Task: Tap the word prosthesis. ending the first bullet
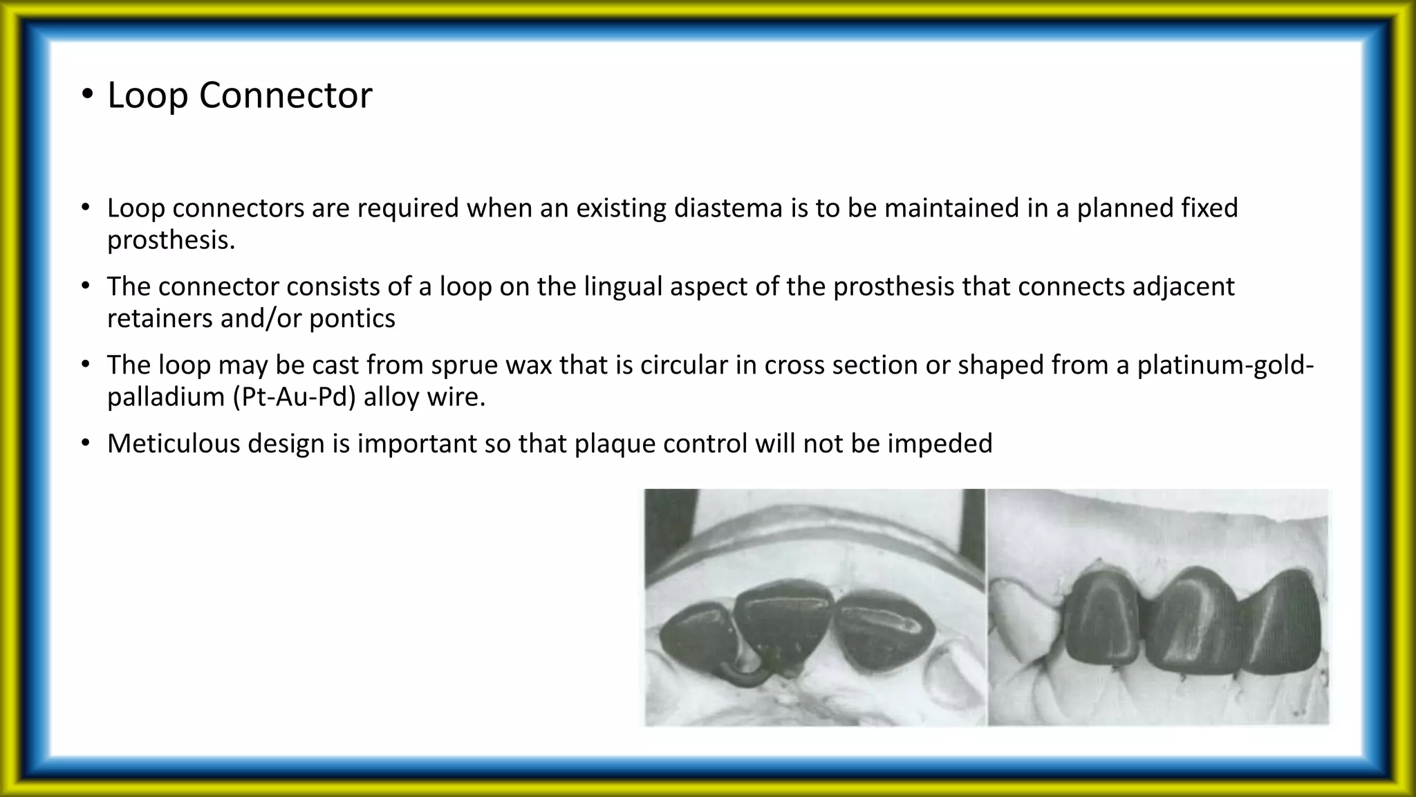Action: click(x=171, y=240)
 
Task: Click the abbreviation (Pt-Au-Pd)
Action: click(x=294, y=397)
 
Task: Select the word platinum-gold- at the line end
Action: click(x=1225, y=365)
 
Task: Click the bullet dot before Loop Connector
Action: click(x=87, y=96)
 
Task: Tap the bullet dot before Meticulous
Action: click(x=85, y=443)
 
